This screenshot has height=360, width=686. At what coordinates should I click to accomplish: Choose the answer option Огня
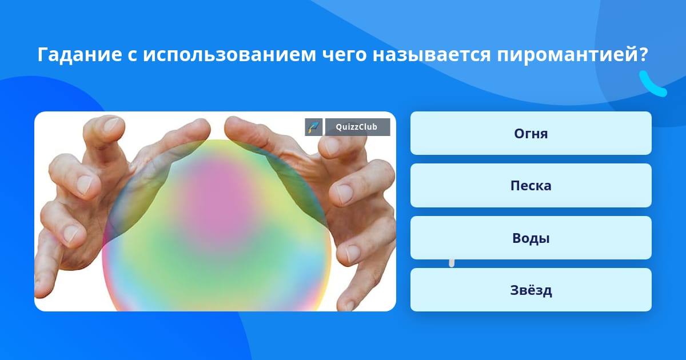coord(531,133)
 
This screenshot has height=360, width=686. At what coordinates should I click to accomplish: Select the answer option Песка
coord(531,186)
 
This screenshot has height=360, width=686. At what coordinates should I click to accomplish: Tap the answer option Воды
coord(531,238)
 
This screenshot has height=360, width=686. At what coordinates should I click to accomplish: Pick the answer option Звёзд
coord(531,290)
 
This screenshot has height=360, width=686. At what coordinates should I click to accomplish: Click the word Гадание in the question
coord(80,54)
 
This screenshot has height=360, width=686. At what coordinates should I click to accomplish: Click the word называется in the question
coord(432,55)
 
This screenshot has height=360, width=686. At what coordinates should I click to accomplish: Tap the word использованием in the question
coord(229,54)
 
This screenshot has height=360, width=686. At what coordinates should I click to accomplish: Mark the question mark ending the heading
coord(643,54)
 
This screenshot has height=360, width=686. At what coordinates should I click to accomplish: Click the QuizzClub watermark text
coord(357,127)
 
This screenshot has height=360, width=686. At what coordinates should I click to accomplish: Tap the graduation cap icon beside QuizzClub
coord(314,127)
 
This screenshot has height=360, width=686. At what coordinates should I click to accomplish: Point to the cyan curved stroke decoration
coord(651,85)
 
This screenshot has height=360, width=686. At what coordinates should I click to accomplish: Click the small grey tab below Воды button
coord(452,263)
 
